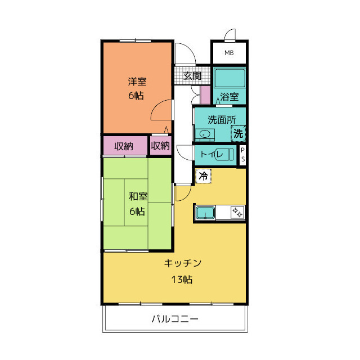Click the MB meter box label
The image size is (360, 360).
click(228, 53)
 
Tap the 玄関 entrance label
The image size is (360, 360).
click(192, 75)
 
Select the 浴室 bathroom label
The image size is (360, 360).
click(229, 96)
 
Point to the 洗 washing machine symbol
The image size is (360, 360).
click(238, 134)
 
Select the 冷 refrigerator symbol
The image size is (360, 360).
click(203, 176)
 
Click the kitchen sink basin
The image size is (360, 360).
click(205, 213)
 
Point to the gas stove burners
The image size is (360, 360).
click(237, 213)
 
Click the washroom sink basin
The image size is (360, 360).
click(205, 134)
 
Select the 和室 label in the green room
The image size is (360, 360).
click(138, 197)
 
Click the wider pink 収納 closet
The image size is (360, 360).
click(124, 146)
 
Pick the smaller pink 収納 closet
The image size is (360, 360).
click(160, 146)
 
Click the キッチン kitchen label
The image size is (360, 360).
click(183, 263)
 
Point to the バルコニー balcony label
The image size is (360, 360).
click(174, 319)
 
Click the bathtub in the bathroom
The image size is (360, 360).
click(229, 77)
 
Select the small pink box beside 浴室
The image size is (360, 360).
click(205, 94)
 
